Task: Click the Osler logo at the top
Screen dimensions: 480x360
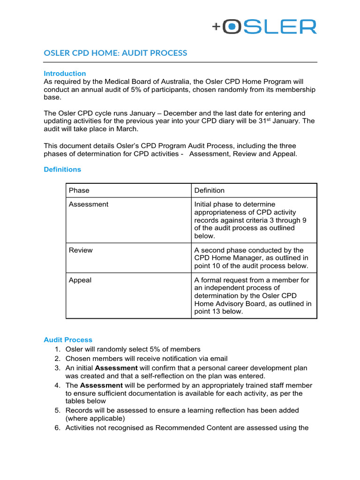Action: pyautogui.click(x=264, y=27)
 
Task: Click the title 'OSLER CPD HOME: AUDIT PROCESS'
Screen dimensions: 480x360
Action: pyautogui.click(x=115, y=53)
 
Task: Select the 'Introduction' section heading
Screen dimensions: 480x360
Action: pyautogui.click(x=65, y=74)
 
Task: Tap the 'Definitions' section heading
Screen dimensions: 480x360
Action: pyautogui.click(x=62, y=170)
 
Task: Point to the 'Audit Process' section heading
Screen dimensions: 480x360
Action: pyautogui.click(x=68, y=340)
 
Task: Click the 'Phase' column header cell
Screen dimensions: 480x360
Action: pyautogui.click(x=79, y=190)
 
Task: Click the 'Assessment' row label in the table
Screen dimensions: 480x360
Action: pyautogui.click(x=89, y=204)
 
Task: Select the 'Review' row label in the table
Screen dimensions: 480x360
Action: pyautogui.click(x=81, y=250)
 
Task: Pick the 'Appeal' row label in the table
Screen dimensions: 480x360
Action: pyautogui.click(x=80, y=280)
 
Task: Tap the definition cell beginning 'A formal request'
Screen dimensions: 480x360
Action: pyautogui.click(x=253, y=295)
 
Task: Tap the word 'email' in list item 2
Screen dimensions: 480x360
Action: pyautogui.click(x=205, y=359)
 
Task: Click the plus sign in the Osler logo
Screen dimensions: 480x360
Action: pyautogui.click(x=216, y=27)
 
